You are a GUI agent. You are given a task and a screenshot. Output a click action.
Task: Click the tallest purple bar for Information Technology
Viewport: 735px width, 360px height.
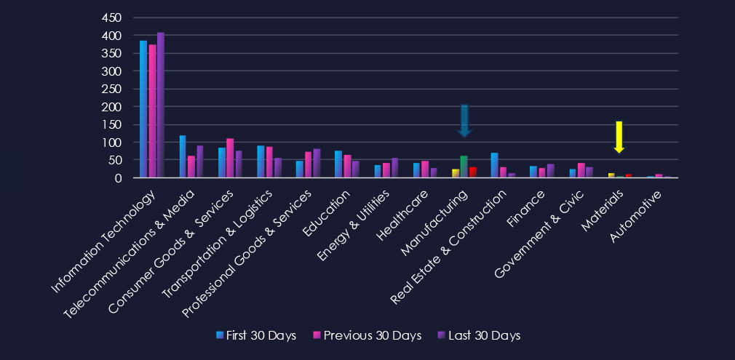(x=161, y=105)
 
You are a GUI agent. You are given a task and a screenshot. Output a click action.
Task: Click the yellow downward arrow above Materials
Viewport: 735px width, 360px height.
(x=619, y=136)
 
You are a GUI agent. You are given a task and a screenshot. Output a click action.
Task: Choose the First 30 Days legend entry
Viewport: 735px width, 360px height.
(x=255, y=335)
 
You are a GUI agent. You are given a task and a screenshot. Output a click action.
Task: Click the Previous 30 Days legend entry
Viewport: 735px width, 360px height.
(x=367, y=335)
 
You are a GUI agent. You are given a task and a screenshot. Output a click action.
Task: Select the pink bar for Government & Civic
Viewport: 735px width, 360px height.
(x=581, y=170)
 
